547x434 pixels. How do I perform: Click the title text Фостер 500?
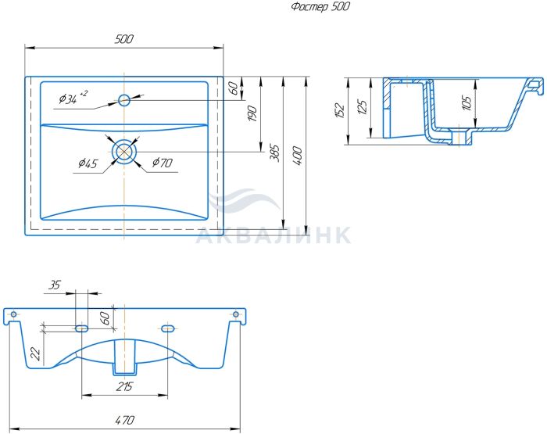(320, 6)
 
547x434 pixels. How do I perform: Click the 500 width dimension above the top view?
(123, 39)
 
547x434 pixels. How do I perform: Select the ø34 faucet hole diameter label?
(73, 98)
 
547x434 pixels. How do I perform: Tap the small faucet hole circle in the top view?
(123, 100)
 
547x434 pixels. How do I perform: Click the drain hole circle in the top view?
(124, 151)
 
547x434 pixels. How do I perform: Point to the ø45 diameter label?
(88, 163)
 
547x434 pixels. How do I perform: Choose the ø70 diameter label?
(163, 163)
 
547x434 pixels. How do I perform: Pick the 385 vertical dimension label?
(275, 153)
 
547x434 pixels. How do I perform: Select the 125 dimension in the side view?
(363, 108)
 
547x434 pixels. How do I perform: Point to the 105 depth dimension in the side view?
(467, 102)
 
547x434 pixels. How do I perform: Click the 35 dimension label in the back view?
(54, 285)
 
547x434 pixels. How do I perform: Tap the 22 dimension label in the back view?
(36, 353)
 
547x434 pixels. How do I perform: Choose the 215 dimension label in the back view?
(124, 386)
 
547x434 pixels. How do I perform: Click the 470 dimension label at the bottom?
(124, 420)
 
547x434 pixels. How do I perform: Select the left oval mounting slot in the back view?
(81, 328)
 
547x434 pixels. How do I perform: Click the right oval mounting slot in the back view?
(167, 328)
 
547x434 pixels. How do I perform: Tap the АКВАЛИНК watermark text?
(273, 235)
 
